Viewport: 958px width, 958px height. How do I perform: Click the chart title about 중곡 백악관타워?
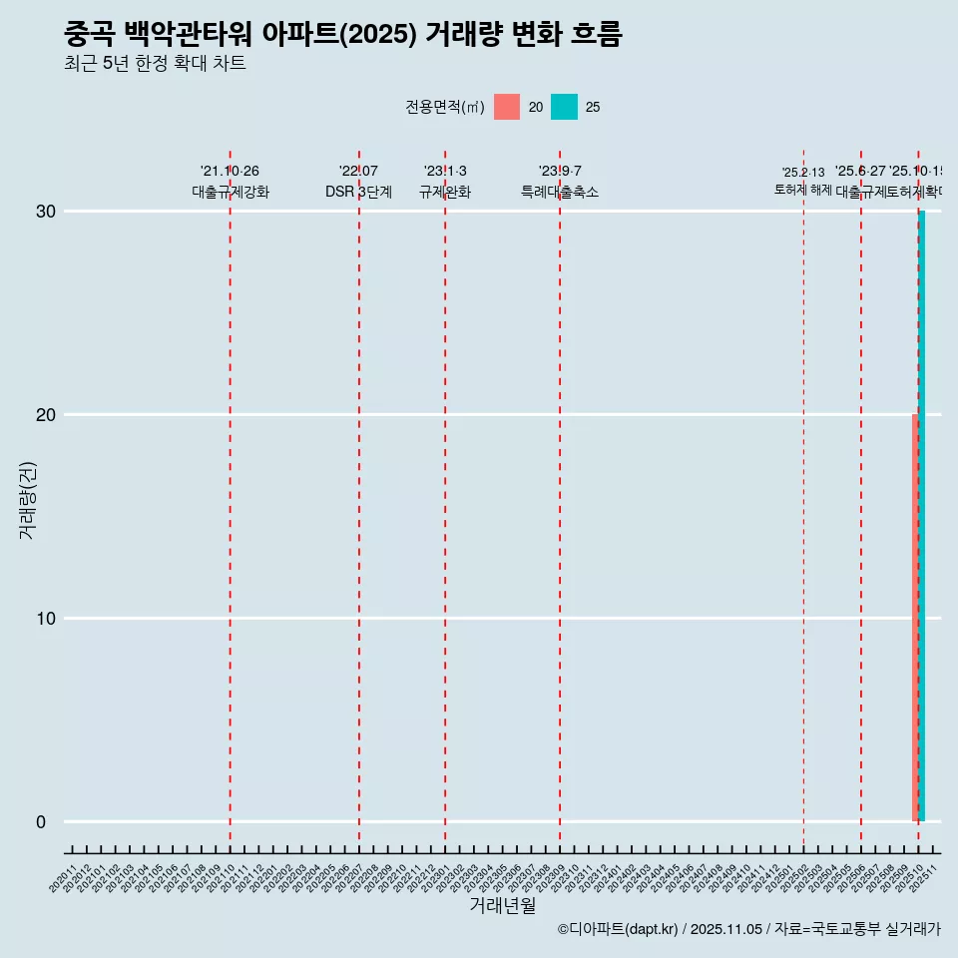pyautogui.click(x=342, y=35)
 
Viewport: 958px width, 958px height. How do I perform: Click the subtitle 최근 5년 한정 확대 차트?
pyautogui.click(x=155, y=64)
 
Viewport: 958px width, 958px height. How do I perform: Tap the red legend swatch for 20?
pyautogui.click(x=507, y=107)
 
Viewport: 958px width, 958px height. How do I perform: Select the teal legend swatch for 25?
pyautogui.click(x=564, y=107)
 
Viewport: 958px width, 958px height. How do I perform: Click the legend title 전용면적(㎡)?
pyautogui.click(x=445, y=107)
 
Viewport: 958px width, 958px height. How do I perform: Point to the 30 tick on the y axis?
pyautogui.click(x=47, y=212)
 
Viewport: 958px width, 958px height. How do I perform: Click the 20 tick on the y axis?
pyautogui.click(x=47, y=415)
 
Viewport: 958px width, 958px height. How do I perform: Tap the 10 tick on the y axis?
pyautogui.click(x=47, y=619)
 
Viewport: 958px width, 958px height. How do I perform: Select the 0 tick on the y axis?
pyautogui.click(x=41, y=822)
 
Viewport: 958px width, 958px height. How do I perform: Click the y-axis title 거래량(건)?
pyautogui.click(x=27, y=500)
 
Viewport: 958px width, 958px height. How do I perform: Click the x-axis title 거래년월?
pyautogui.click(x=503, y=905)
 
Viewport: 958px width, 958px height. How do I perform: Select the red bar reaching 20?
pyautogui.click(x=915, y=619)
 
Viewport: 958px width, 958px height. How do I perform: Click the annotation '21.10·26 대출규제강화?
pyautogui.click(x=231, y=182)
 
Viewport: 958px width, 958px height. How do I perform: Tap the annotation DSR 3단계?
pyautogui.click(x=358, y=192)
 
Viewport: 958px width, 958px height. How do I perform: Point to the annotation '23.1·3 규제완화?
pyautogui.click(x=445, y=182)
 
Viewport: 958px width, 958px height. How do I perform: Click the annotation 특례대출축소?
pyautogui.click(x=560, y=192)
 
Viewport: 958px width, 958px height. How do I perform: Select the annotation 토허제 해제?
pyautogui.click(x=803, y=189)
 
